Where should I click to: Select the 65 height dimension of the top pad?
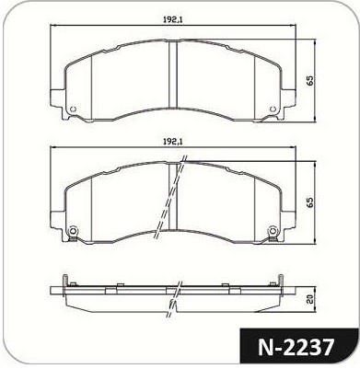click(310, 81)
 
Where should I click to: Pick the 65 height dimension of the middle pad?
click(310, 202)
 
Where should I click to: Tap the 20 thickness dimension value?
click(310, 299)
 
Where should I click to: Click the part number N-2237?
click(296, 348)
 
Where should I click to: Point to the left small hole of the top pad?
click(73, 109)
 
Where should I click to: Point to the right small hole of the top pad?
click(273, 109)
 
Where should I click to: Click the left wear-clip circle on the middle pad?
click(73, 231)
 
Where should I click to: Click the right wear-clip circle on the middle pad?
click(273, 231)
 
